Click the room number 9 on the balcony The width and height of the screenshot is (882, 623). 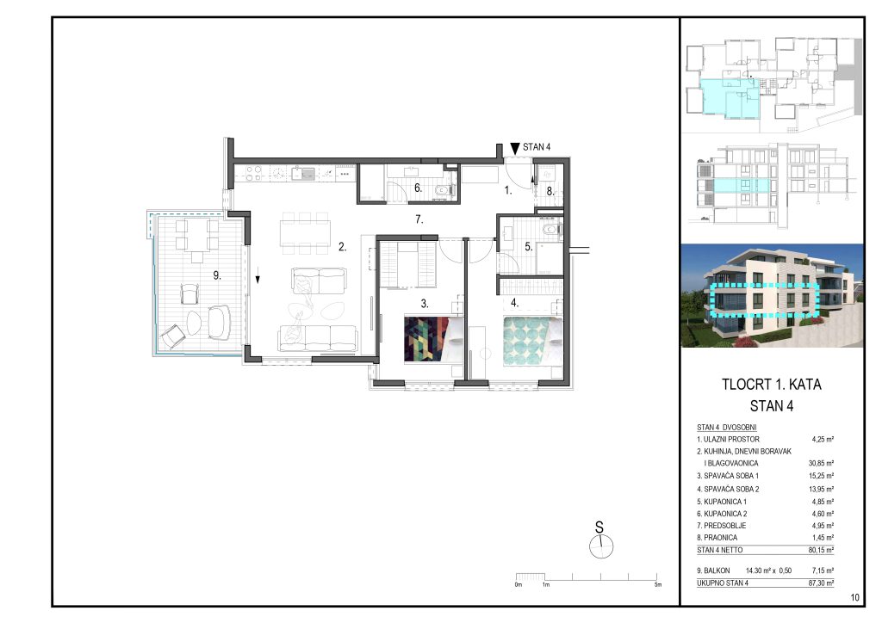[x=216, y=275]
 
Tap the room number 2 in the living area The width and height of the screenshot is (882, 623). [x=342, y=247]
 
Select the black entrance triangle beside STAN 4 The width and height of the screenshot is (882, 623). [x=515, y=148]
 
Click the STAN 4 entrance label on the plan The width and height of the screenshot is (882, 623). [x=537, y=147]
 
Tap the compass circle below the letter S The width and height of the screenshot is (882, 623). [x=601, y=546]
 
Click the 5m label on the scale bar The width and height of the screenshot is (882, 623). [x=657, y=585]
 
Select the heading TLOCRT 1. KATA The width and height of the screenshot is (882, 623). [x=771, y=385]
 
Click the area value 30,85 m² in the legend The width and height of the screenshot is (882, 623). [x=821, y=464]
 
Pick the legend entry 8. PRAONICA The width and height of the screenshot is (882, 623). [x=717, y=538]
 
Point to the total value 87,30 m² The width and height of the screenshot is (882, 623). [x=821, y=583]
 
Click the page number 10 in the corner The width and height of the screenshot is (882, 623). [x=855, y=597]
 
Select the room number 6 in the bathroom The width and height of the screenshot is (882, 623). [x=418, y=188]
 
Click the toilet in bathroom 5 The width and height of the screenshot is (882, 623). [x=550, y=229]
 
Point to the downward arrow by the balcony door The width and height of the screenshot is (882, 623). [x=258, y=278]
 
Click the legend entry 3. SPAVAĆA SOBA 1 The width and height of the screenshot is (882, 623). [x=728, y=476]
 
